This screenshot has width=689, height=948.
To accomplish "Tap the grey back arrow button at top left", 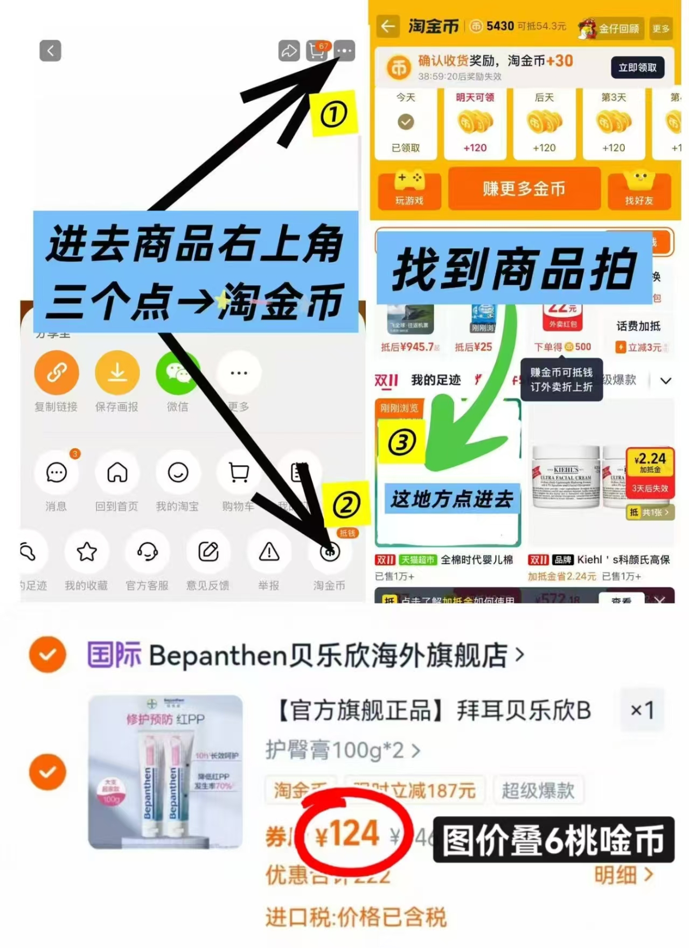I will pyautogui.click(x=50, y=51).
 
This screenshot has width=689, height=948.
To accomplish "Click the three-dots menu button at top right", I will pyautogui.click(x=344, y=51).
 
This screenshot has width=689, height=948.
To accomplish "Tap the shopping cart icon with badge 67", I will pyautogui.click(x=317, y=51).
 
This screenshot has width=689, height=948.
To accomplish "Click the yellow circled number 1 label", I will pyautogui.click(x=334, y=114).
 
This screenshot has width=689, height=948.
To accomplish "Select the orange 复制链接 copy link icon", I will pyautogui.click(x=57, y=373).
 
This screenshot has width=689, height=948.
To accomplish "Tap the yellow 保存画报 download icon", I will pyautogui.click(x=117, y=373).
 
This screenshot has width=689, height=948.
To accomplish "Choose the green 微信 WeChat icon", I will pyautogui.click(x=177, y=373).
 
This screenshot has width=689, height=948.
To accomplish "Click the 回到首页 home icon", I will pyautogui.click(x=117, y=473).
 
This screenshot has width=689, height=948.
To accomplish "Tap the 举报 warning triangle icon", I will pyautogui.click(x=269, y=552).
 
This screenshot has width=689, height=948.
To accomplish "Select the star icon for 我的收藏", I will pyautogui.click(x=87, y=552).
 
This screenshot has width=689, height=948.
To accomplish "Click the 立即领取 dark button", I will pyautogui.click(x=637, y=68).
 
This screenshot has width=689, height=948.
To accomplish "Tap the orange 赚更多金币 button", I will pyautogui.click(x=524, y=189).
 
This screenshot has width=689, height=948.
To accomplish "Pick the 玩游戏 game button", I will pyautogui.click(x=409, y=189).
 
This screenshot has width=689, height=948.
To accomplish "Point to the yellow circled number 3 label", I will pyautogui.click(x=402, y=443).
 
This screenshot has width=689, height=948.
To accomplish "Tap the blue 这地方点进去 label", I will pyautogui.click(x=451, y=499).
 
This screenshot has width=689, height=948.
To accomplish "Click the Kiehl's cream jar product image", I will pyautogui.click(x=566, y=476).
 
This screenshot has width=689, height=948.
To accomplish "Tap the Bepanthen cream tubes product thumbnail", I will pyautogui.click(x=165, y=772).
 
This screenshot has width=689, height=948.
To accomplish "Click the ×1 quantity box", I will pyautogui.click(x=642, y=710).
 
